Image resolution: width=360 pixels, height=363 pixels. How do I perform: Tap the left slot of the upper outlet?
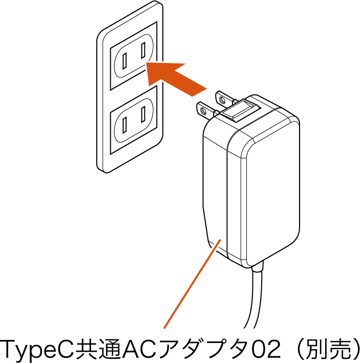click(124, 61)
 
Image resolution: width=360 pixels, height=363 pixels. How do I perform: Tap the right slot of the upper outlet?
click(143, 50)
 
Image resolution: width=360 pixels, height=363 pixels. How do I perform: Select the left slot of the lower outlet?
click(124, 125)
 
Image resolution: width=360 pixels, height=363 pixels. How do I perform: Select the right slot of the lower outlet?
click(143, 114)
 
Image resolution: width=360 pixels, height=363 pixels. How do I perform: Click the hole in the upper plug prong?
click(222, 100)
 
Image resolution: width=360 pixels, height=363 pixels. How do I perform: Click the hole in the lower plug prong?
click(203, 111)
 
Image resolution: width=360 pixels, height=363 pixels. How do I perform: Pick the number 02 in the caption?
click(266, 349)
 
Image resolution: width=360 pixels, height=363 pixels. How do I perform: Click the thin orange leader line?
click(192, 284)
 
